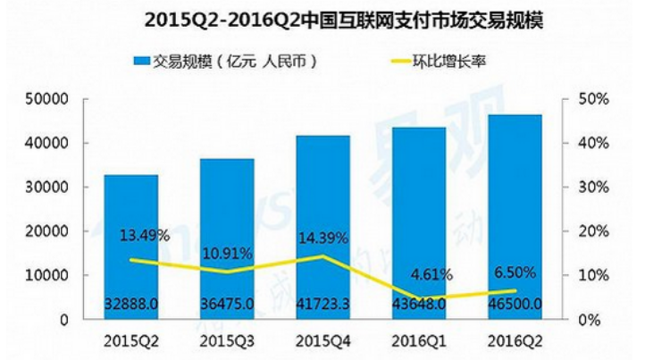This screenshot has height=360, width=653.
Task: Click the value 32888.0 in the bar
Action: point(131,305)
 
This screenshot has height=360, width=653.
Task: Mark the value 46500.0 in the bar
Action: point(515,305)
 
